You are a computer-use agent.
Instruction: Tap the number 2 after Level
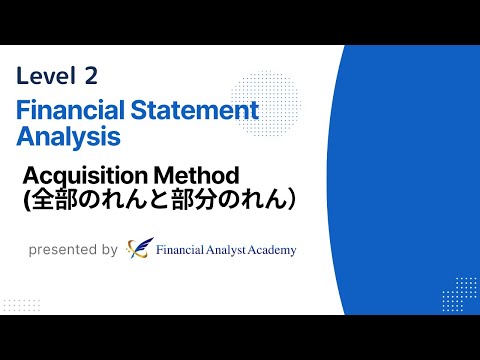point(91,75)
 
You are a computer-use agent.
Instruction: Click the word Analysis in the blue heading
point(68,133)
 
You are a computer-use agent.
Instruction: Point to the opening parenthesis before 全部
point(27,200)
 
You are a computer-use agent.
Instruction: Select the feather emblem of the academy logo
point(140,248)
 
